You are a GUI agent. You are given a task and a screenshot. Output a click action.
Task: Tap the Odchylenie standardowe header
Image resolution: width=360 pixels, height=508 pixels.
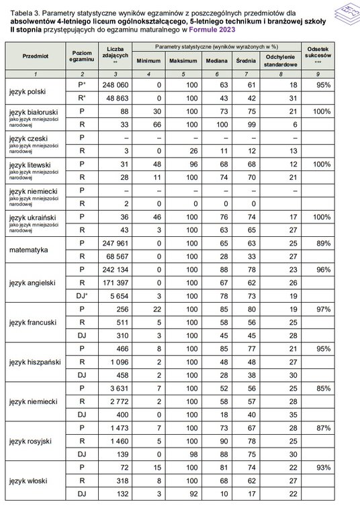point(276,60)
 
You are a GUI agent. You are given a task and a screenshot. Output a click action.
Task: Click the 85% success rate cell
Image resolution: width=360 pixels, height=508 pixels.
point(324,388)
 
